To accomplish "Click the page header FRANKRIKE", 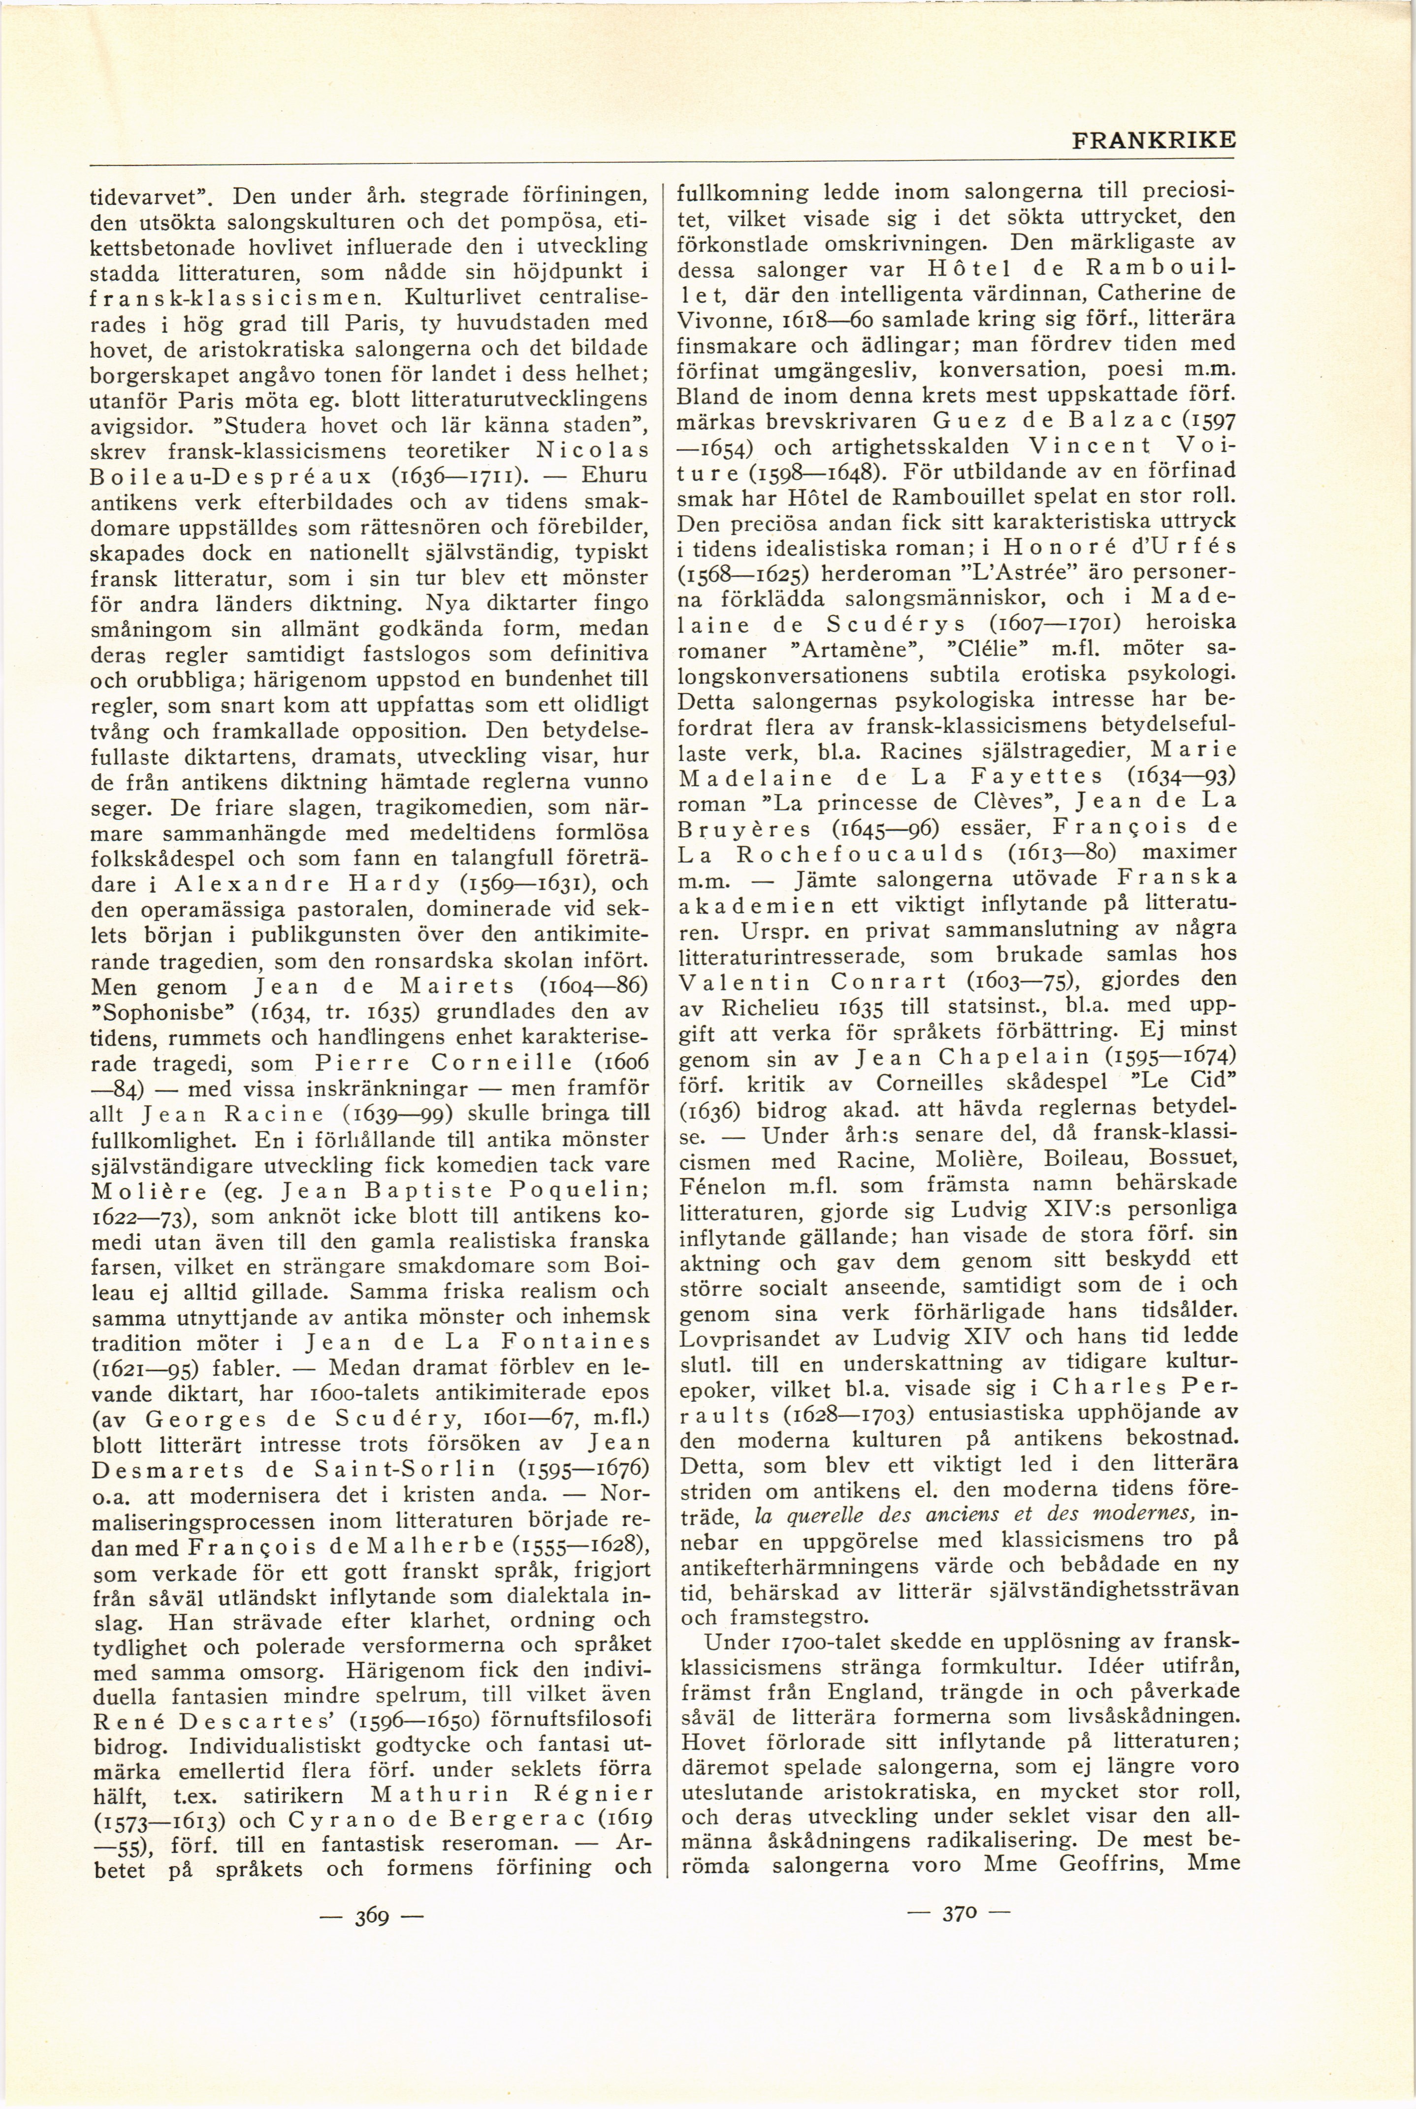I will [x=1152, y=143].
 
